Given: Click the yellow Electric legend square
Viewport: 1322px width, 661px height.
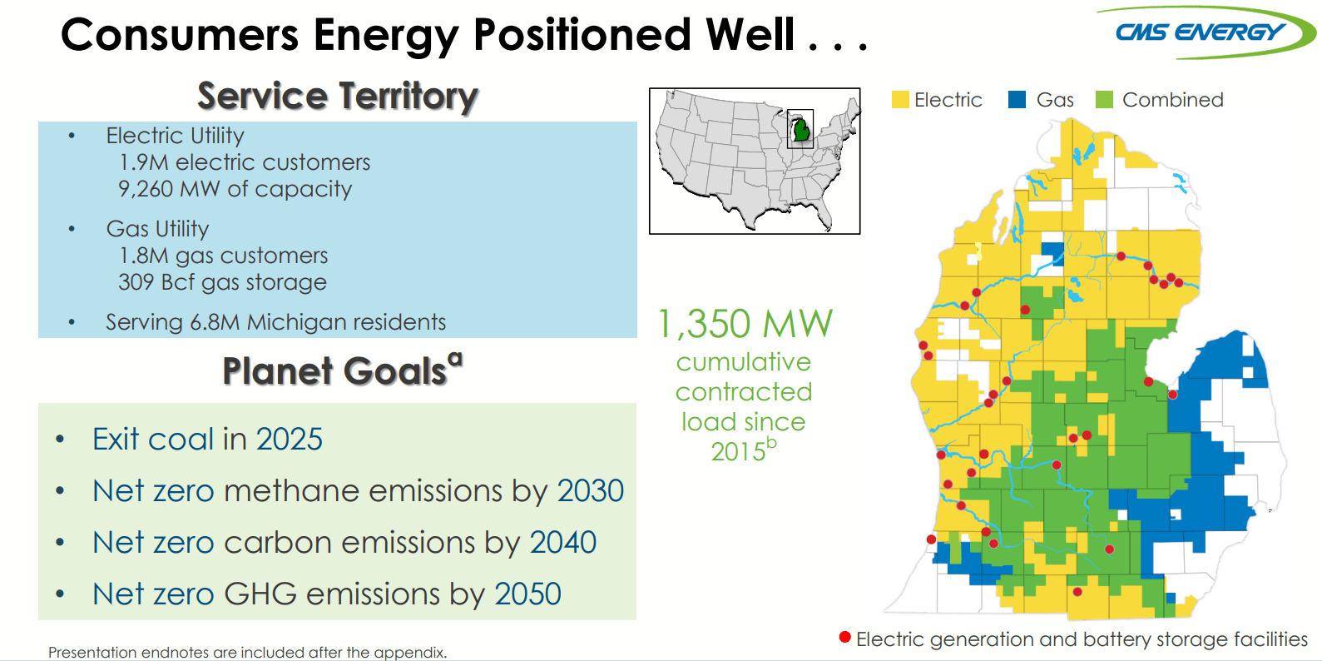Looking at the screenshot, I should tap(900, 100).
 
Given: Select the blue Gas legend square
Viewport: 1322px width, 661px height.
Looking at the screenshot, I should tap(1017, 100).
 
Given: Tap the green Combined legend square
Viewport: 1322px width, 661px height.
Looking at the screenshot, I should tap(1104, 100).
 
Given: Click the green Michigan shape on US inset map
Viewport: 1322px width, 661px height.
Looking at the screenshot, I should tap(801, 131).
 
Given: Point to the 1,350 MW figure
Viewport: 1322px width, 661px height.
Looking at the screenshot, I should tap(745, 324).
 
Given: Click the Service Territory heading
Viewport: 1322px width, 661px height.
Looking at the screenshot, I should tap(338, 97).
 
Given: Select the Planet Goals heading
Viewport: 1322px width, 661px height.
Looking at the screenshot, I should tap(335, 371).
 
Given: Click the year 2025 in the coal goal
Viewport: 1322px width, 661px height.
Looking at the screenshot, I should tap(289, 440).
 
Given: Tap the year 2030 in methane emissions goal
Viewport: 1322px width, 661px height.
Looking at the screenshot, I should tap(590, 491).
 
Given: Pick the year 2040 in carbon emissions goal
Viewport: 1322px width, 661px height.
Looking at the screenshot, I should tap(563, 543).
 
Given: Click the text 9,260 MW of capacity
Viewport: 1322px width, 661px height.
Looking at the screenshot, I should tap(235, 189).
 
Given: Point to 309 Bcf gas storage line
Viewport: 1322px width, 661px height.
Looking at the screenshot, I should tap(222, 282).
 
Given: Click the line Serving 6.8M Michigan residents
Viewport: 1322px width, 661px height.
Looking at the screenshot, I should tap(275, 322).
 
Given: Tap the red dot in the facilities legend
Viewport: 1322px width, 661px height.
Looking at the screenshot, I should tap(845, 638).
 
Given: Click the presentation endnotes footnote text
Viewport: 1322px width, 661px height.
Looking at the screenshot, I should tap(247, 653).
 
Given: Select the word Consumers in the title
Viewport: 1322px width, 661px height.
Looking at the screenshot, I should tap(179, 36).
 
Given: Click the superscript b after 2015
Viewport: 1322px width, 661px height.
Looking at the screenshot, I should tap(771, 443).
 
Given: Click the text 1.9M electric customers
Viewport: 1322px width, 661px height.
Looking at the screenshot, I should tap(245, 162).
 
